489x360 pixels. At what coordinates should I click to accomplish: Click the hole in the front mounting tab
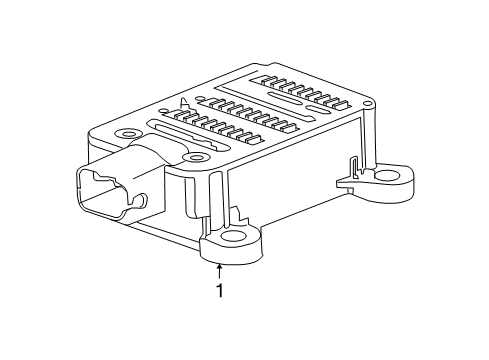236,239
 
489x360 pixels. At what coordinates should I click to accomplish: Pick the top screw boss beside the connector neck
193,158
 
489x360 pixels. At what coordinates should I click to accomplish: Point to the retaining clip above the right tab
350,169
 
